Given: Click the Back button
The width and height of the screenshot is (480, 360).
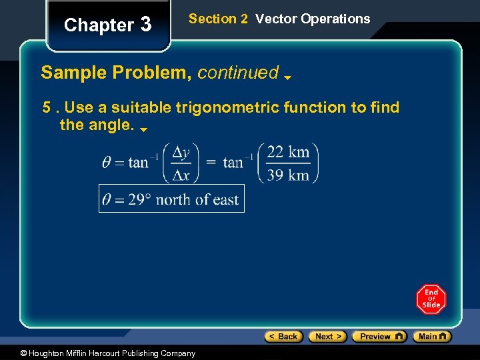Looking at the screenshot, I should (x=284, y=337).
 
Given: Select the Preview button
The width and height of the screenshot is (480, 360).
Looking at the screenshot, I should (x=379, y=337).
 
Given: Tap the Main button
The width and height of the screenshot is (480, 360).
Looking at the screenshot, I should (x=432, y=337).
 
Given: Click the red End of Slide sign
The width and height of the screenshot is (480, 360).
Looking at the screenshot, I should (x=431, y=299).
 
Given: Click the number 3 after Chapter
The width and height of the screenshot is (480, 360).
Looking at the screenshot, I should (x=146, y=25).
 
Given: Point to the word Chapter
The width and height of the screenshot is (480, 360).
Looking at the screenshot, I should (x=99, y=25).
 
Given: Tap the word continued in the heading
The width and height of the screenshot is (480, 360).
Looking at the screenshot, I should (x=238, y=73).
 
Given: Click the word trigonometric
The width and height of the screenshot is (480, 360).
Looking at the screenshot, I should (x=245, y=107).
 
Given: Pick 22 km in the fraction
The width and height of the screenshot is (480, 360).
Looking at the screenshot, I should (x=288, y=152).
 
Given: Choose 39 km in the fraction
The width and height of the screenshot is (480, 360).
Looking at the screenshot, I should (x=288, y=175).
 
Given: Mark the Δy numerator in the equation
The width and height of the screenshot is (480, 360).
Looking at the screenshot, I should (x=181, y=152).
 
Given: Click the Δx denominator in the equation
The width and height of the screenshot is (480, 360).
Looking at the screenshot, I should (x=181, y=175).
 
